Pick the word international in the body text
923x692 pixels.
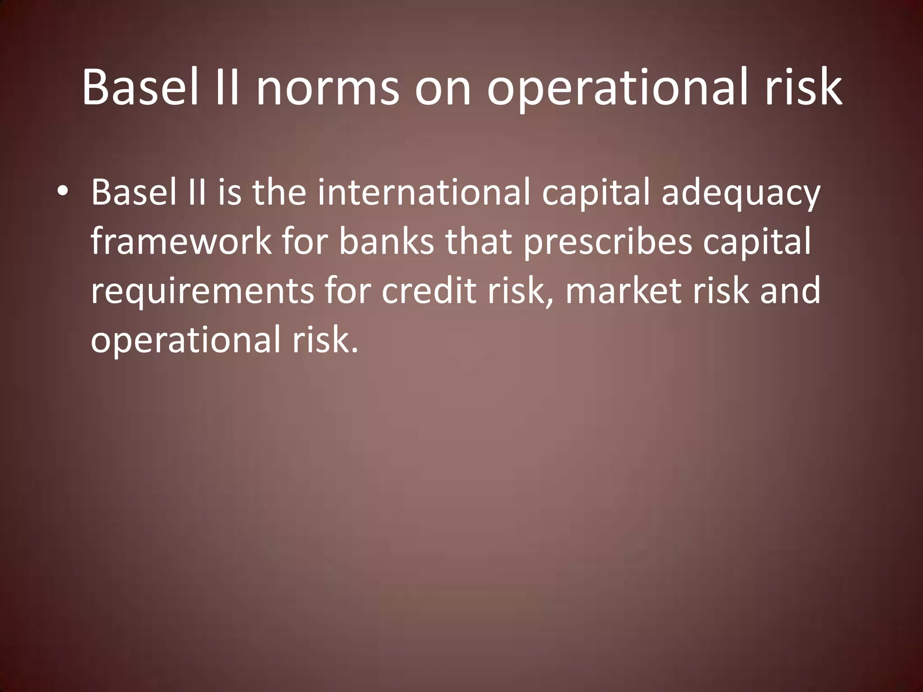pyautogui.click(x=423, y=192)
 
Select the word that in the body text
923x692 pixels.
pyautogui.click(x=478, y=241)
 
